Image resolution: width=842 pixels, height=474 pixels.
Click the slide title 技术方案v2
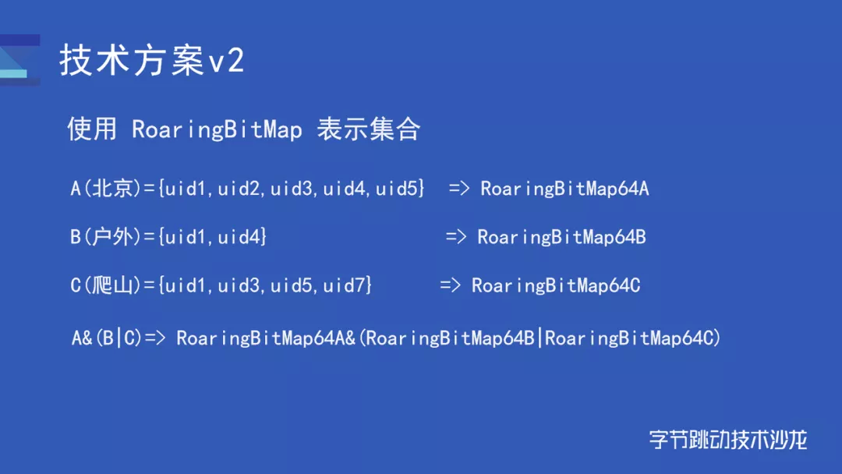click(x=152, y=59)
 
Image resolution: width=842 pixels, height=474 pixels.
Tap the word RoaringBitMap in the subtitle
click(x=217, y=129)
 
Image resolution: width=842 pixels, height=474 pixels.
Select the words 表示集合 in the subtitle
click(x=368, y=129)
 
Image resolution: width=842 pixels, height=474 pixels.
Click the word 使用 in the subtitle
click(x=92, y=129)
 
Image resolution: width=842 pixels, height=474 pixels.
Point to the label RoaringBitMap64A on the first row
click(x=564, y=189)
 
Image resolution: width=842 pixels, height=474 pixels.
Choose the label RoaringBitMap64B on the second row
click(x=561, y=237)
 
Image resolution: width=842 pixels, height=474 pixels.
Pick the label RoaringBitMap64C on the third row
click(x=556, y=285)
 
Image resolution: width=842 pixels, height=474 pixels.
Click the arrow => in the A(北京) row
click(x=459, y=189)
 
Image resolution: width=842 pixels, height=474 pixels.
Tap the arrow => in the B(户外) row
click(x=456, y=237)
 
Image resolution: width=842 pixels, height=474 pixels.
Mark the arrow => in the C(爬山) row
click(x=450, y=285)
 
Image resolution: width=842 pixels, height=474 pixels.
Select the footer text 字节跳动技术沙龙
click(x=728, y=440)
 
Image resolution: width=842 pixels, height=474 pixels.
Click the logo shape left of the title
click(x=19, y=59)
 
